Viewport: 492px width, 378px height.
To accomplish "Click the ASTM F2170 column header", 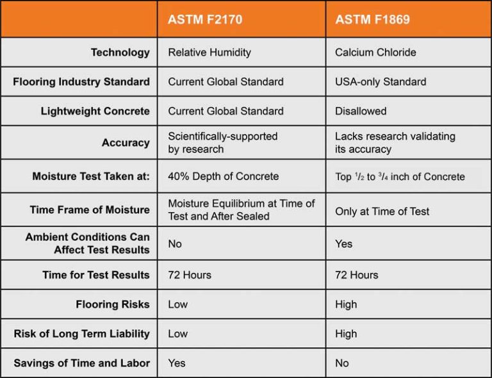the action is [205, 19].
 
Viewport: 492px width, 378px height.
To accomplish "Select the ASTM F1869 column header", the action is [372, 19].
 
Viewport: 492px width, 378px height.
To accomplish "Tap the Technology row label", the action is [120, 53].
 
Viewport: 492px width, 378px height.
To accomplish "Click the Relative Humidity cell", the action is [209, 52].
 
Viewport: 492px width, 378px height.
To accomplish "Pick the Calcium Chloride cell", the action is [375, 52].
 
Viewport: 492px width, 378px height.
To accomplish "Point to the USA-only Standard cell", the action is [381, 81].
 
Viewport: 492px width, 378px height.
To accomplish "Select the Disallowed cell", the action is [361, 111].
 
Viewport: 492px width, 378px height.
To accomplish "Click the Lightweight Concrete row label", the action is [95, 111].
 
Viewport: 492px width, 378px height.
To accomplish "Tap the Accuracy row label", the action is [126, 143].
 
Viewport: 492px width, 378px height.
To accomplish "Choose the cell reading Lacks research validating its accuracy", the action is [395, 142].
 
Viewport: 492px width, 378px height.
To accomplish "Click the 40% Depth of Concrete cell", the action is [224, 176].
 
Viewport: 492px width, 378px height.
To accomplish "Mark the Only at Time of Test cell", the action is [382, 211].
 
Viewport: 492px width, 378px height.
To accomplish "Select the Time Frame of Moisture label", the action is [90, 210].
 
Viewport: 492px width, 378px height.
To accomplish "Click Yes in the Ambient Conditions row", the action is [343, 243].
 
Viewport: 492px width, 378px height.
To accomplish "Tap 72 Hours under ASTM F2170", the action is [190, 275].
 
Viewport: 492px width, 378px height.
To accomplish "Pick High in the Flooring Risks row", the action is [346, 304].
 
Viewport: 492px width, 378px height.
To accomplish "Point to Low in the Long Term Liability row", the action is [177, 333].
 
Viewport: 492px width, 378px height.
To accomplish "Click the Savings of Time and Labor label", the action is [81, 363].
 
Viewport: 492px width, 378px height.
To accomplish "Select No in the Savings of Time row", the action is [341, 363].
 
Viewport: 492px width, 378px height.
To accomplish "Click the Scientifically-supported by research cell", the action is [223, 142].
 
